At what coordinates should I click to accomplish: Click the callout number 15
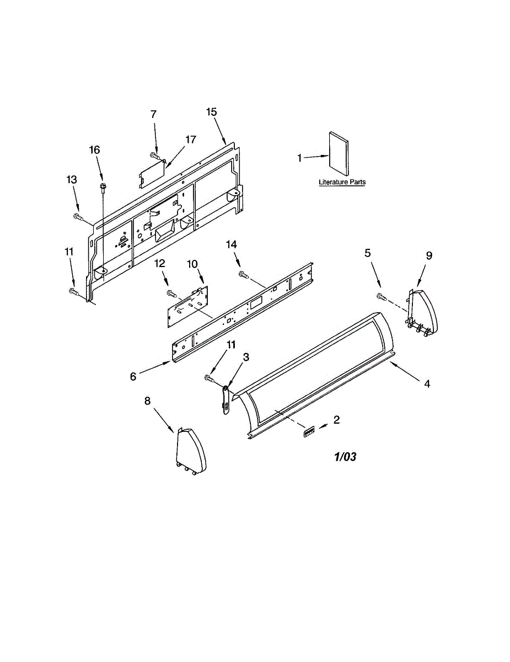click(x=212, y=112)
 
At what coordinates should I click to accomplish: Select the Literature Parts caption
click(x=342, y=182)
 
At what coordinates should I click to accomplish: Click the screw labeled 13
click(x=77, y=216)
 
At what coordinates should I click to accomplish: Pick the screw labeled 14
click(x=241, y=274)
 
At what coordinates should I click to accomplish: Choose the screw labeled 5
click(x=380, y=297)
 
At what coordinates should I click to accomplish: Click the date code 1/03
click(x=345, y=457)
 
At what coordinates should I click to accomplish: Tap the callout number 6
click(x=133, y=376)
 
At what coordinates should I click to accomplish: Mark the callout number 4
click(x=427, y=385)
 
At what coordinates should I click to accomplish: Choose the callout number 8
click(x=147, y=401)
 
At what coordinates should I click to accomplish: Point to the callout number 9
click(x=429, y=255)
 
